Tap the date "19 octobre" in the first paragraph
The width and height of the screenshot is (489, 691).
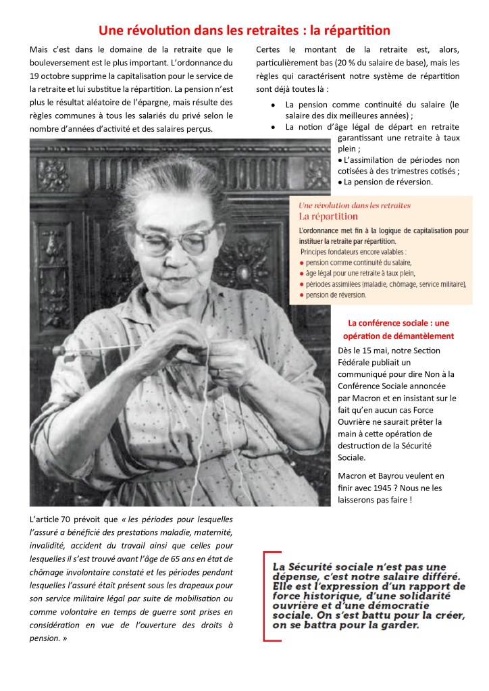(53, 75)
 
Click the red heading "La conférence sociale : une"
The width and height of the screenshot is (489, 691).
(398, 323)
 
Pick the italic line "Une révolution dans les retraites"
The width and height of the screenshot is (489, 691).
(355, 205)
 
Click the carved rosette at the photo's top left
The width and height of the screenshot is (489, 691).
(53, 174)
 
